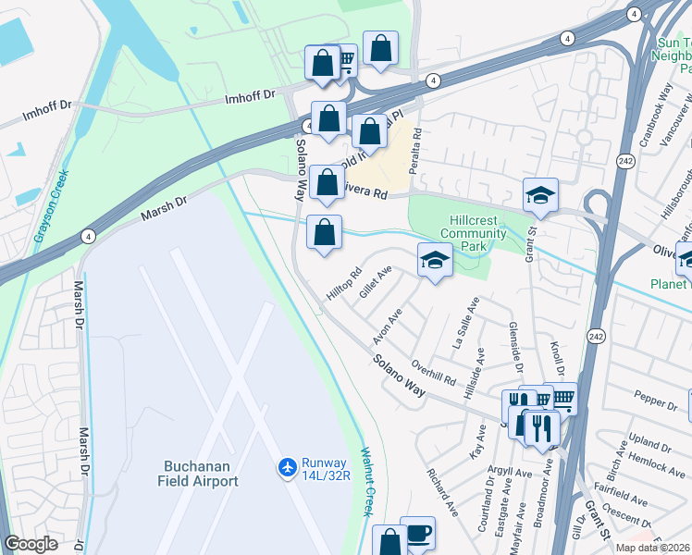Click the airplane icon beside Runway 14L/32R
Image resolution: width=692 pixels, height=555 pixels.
(287, 468)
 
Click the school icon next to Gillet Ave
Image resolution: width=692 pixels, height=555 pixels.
(434, 261)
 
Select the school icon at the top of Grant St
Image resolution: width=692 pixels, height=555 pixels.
(540, 196)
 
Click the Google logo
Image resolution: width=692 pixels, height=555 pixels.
(31, 544)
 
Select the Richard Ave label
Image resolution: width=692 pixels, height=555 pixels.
(442, 491)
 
